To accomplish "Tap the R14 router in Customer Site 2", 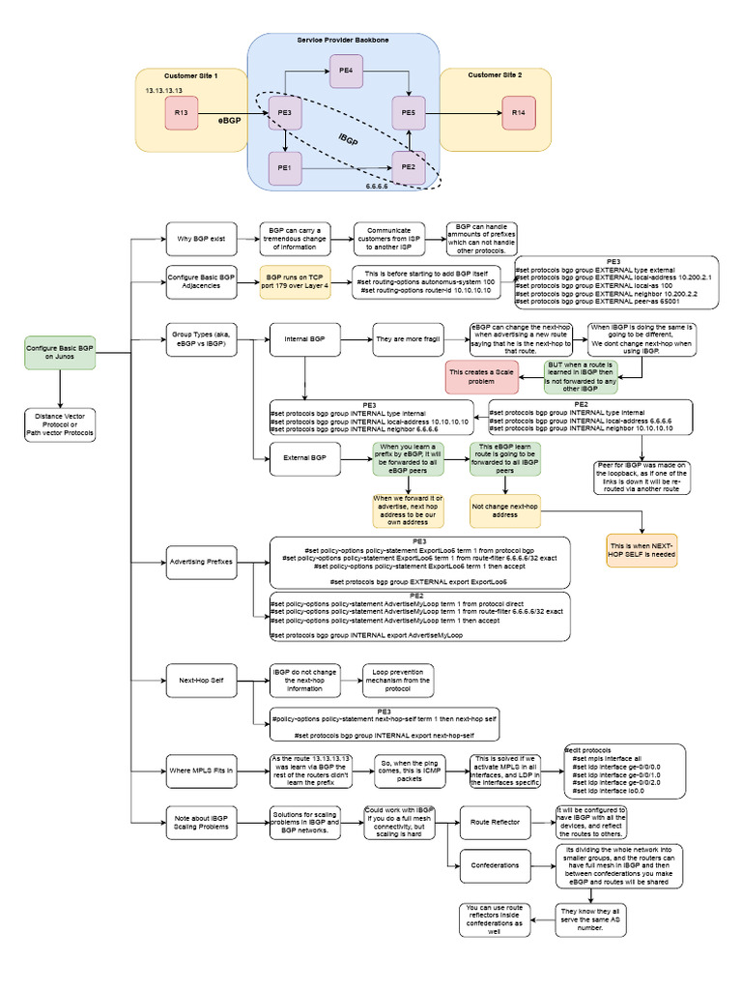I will tap(519, 113).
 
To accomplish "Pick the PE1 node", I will tap(284, 167).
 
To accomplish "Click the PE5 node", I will tap(408, 113).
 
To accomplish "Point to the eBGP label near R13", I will tap(229, 122).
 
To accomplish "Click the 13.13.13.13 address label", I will tap(164, 89).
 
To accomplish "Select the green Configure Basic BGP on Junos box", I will tap(60, 353).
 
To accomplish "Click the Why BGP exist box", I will tap(200, 238).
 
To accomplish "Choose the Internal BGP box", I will tap(304, 340).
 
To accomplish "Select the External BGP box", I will tap(304, 457).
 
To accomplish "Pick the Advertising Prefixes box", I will tap(200, 563).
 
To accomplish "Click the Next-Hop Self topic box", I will tap(200, 681).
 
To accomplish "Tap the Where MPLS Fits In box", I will tap(200, 770).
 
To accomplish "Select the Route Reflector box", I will tap(495, 822).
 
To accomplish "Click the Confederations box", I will tap(495, 865).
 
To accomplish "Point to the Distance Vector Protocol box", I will tap(60, 424).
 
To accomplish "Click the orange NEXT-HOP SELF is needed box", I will tap(641, 549).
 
